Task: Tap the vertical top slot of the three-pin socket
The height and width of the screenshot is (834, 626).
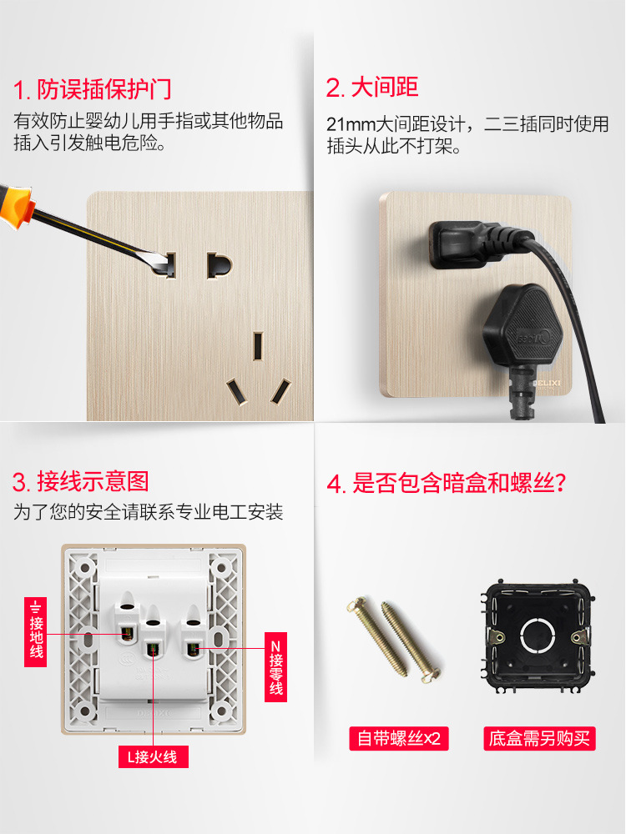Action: click(258, 344)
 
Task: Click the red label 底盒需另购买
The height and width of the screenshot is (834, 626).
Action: click(539, 738)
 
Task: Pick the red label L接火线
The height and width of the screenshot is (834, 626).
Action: click(153, 756)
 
